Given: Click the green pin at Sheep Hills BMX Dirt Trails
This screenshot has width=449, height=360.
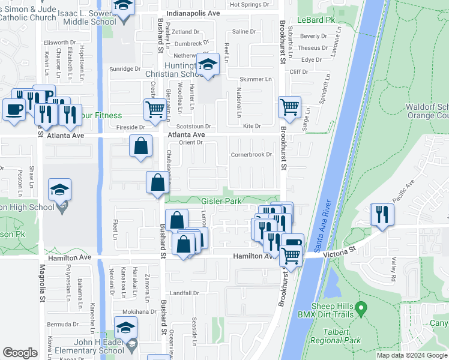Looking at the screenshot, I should click(x=361, y=310).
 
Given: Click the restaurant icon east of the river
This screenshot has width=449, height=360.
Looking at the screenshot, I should click(x=382, y=214).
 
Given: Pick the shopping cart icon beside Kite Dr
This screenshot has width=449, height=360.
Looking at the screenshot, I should click(x=290, y=107).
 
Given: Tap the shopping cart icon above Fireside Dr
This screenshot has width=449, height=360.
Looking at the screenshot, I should click(x=155, y=110).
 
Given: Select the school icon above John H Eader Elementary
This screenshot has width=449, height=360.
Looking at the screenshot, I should click(x=126, y=328).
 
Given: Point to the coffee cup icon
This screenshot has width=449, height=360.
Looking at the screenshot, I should click(x=14, y=110).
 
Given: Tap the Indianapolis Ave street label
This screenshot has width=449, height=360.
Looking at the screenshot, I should click(x=194, y=13).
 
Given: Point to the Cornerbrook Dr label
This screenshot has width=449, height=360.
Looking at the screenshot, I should click(x=252, y=155).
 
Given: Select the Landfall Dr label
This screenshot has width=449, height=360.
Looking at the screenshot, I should click(x=184, y=293).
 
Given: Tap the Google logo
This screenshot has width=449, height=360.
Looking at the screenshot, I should click(x=20, y=353).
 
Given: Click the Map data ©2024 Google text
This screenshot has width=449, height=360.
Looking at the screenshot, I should click(x=412, y=355).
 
